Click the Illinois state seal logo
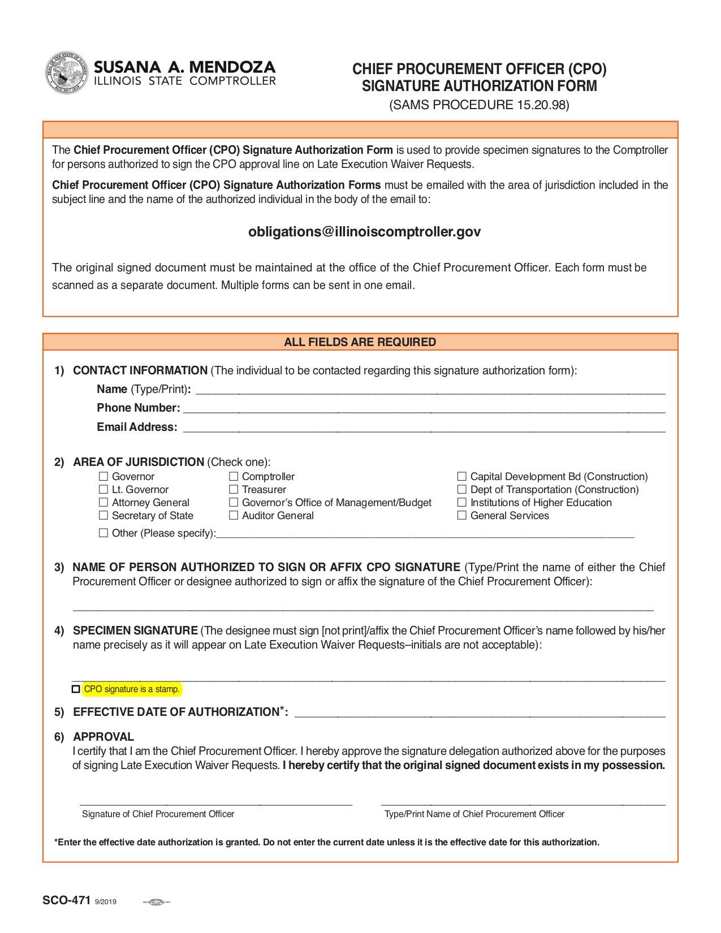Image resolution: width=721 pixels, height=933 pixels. click(x=67, y=73)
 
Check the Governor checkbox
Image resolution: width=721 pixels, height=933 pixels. click(x=103, y=477)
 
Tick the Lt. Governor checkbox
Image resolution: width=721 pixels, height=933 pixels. click(x=103, y=490)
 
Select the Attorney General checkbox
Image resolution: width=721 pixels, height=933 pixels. click(x=103, y=503)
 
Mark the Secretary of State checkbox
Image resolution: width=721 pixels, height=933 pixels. click(x=103, y=516)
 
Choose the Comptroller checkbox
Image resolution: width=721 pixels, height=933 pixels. click(x=234, y=477)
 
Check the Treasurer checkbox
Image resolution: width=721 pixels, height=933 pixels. click(x=234, y=490)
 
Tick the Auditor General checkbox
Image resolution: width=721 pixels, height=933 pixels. click(x=234, y=516)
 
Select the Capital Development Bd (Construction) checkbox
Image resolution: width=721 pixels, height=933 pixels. click(x=462, y=477)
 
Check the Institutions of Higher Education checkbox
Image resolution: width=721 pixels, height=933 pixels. click(x=462, y=503)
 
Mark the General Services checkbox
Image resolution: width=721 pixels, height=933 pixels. click(x=462, y=516)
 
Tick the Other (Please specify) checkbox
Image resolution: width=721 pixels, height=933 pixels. click(x=103, y=533)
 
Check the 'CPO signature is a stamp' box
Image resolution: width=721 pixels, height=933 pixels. click(x=76, y=689)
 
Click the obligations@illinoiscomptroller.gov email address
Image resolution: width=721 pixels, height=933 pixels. click(x=365, y=232)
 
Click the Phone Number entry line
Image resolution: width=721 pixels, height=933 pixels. click(x=424, y=409)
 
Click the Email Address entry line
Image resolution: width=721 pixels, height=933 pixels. click(x=424, y=428)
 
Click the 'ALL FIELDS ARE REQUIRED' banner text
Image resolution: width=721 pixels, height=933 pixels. click(x=360, y=342)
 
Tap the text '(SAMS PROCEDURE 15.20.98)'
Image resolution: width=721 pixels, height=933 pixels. click(x=479, y=105)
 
